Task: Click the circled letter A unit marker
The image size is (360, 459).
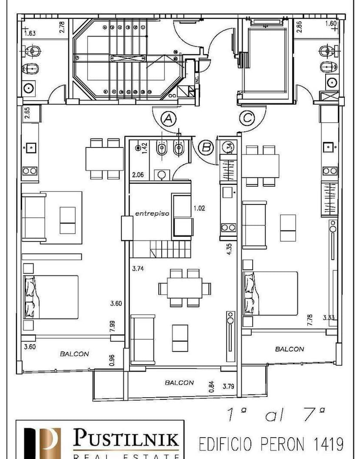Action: pyautogui.click(x=168, y=118)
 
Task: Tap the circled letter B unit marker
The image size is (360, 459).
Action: pyautogui.click(x=205, y=147)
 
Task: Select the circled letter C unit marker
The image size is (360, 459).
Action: pyautogui.click(x=247, y=118)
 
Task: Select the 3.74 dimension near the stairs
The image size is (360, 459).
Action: pyautogui.click(x=138, y=269)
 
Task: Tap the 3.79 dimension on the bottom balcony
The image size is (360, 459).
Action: pyautogui.click(x=228, y=386)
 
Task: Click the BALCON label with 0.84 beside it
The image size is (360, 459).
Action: pyautogui.click(x=179, y=382)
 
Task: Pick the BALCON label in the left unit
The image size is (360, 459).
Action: pyautogui.click(x=74, y=354)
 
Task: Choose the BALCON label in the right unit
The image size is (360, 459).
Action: pyautogui.click(x=290, y=349)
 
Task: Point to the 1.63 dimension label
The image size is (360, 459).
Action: pyautogui.click(x=30, y=33)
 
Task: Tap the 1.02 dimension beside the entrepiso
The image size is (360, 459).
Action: pyautogui.click(x=199, y=208)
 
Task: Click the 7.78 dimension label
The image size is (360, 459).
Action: pyautogui.click(x=310, y=321)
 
